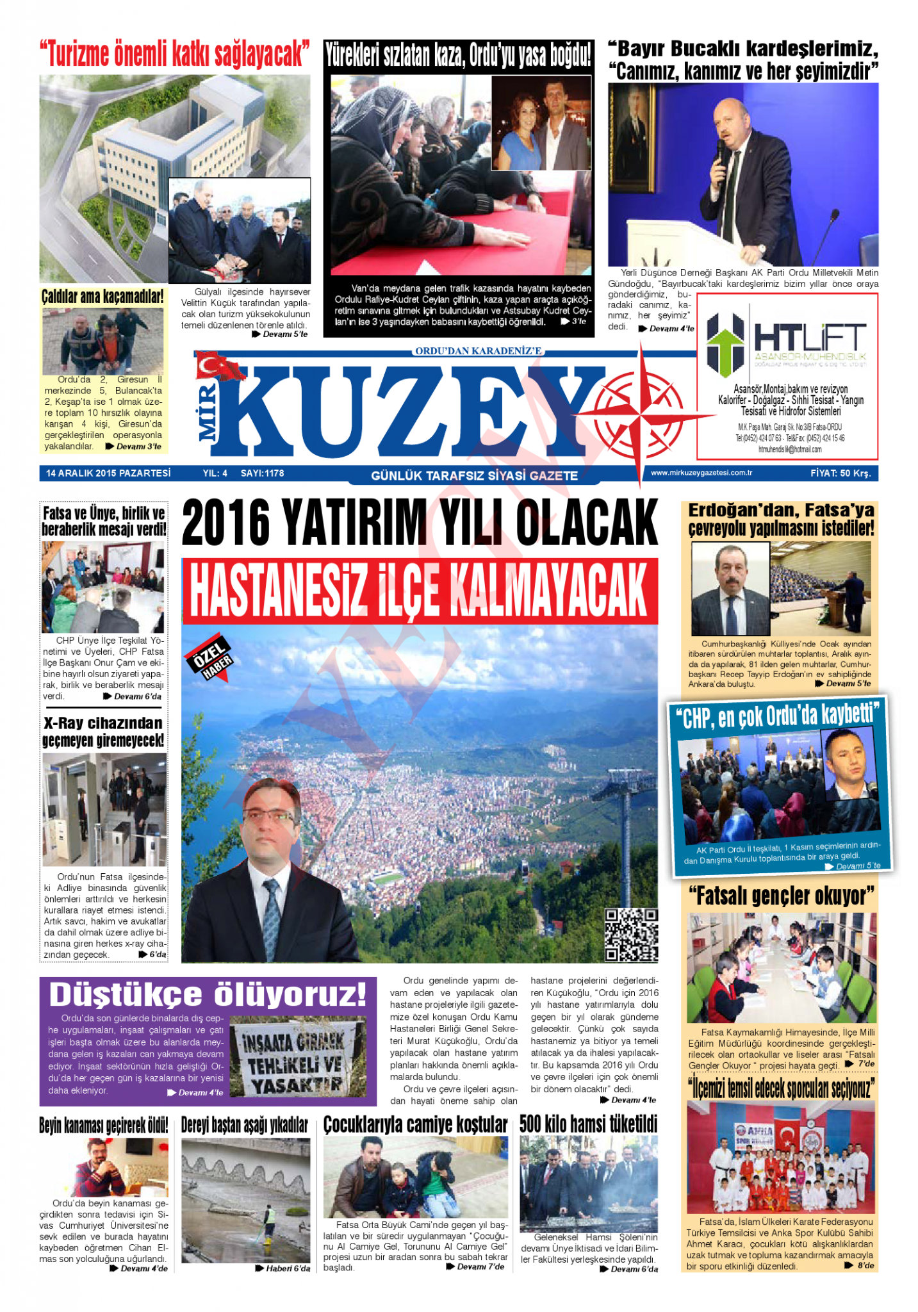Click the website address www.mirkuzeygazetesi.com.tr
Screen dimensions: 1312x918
tap(701, 473)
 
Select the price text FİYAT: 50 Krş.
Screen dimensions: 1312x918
tap(840, 473)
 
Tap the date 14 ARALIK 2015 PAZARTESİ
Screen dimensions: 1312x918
tap(108, 473)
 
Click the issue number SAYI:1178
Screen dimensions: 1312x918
tap(262, 473)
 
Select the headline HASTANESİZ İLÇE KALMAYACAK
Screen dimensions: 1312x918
tap(420, 590)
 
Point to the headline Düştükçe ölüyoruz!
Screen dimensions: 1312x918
tap(208, 995)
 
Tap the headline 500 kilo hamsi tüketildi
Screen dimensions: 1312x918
tap(588, 1124)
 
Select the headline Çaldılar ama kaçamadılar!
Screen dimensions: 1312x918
tap(102, 297)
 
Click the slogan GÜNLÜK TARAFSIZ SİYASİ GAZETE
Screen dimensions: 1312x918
tap(474, 475)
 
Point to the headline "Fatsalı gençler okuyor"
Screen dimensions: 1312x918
tap(781, 896)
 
